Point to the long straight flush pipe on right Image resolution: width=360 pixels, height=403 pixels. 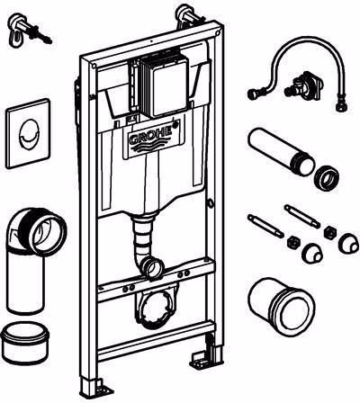coord(281,152)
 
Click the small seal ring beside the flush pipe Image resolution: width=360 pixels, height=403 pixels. coord(327,179)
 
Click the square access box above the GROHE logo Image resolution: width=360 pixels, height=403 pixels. coord(165,86)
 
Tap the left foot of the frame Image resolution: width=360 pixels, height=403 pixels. coord(94,389)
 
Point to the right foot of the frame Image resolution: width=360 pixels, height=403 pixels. coord(206,353)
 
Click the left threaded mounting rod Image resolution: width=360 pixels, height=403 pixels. coord(265,227)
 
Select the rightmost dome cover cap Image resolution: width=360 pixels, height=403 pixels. coord(349,243)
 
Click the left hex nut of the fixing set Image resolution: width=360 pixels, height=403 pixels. coord(292,242)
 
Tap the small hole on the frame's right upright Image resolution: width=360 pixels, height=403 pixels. coord(211,204)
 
